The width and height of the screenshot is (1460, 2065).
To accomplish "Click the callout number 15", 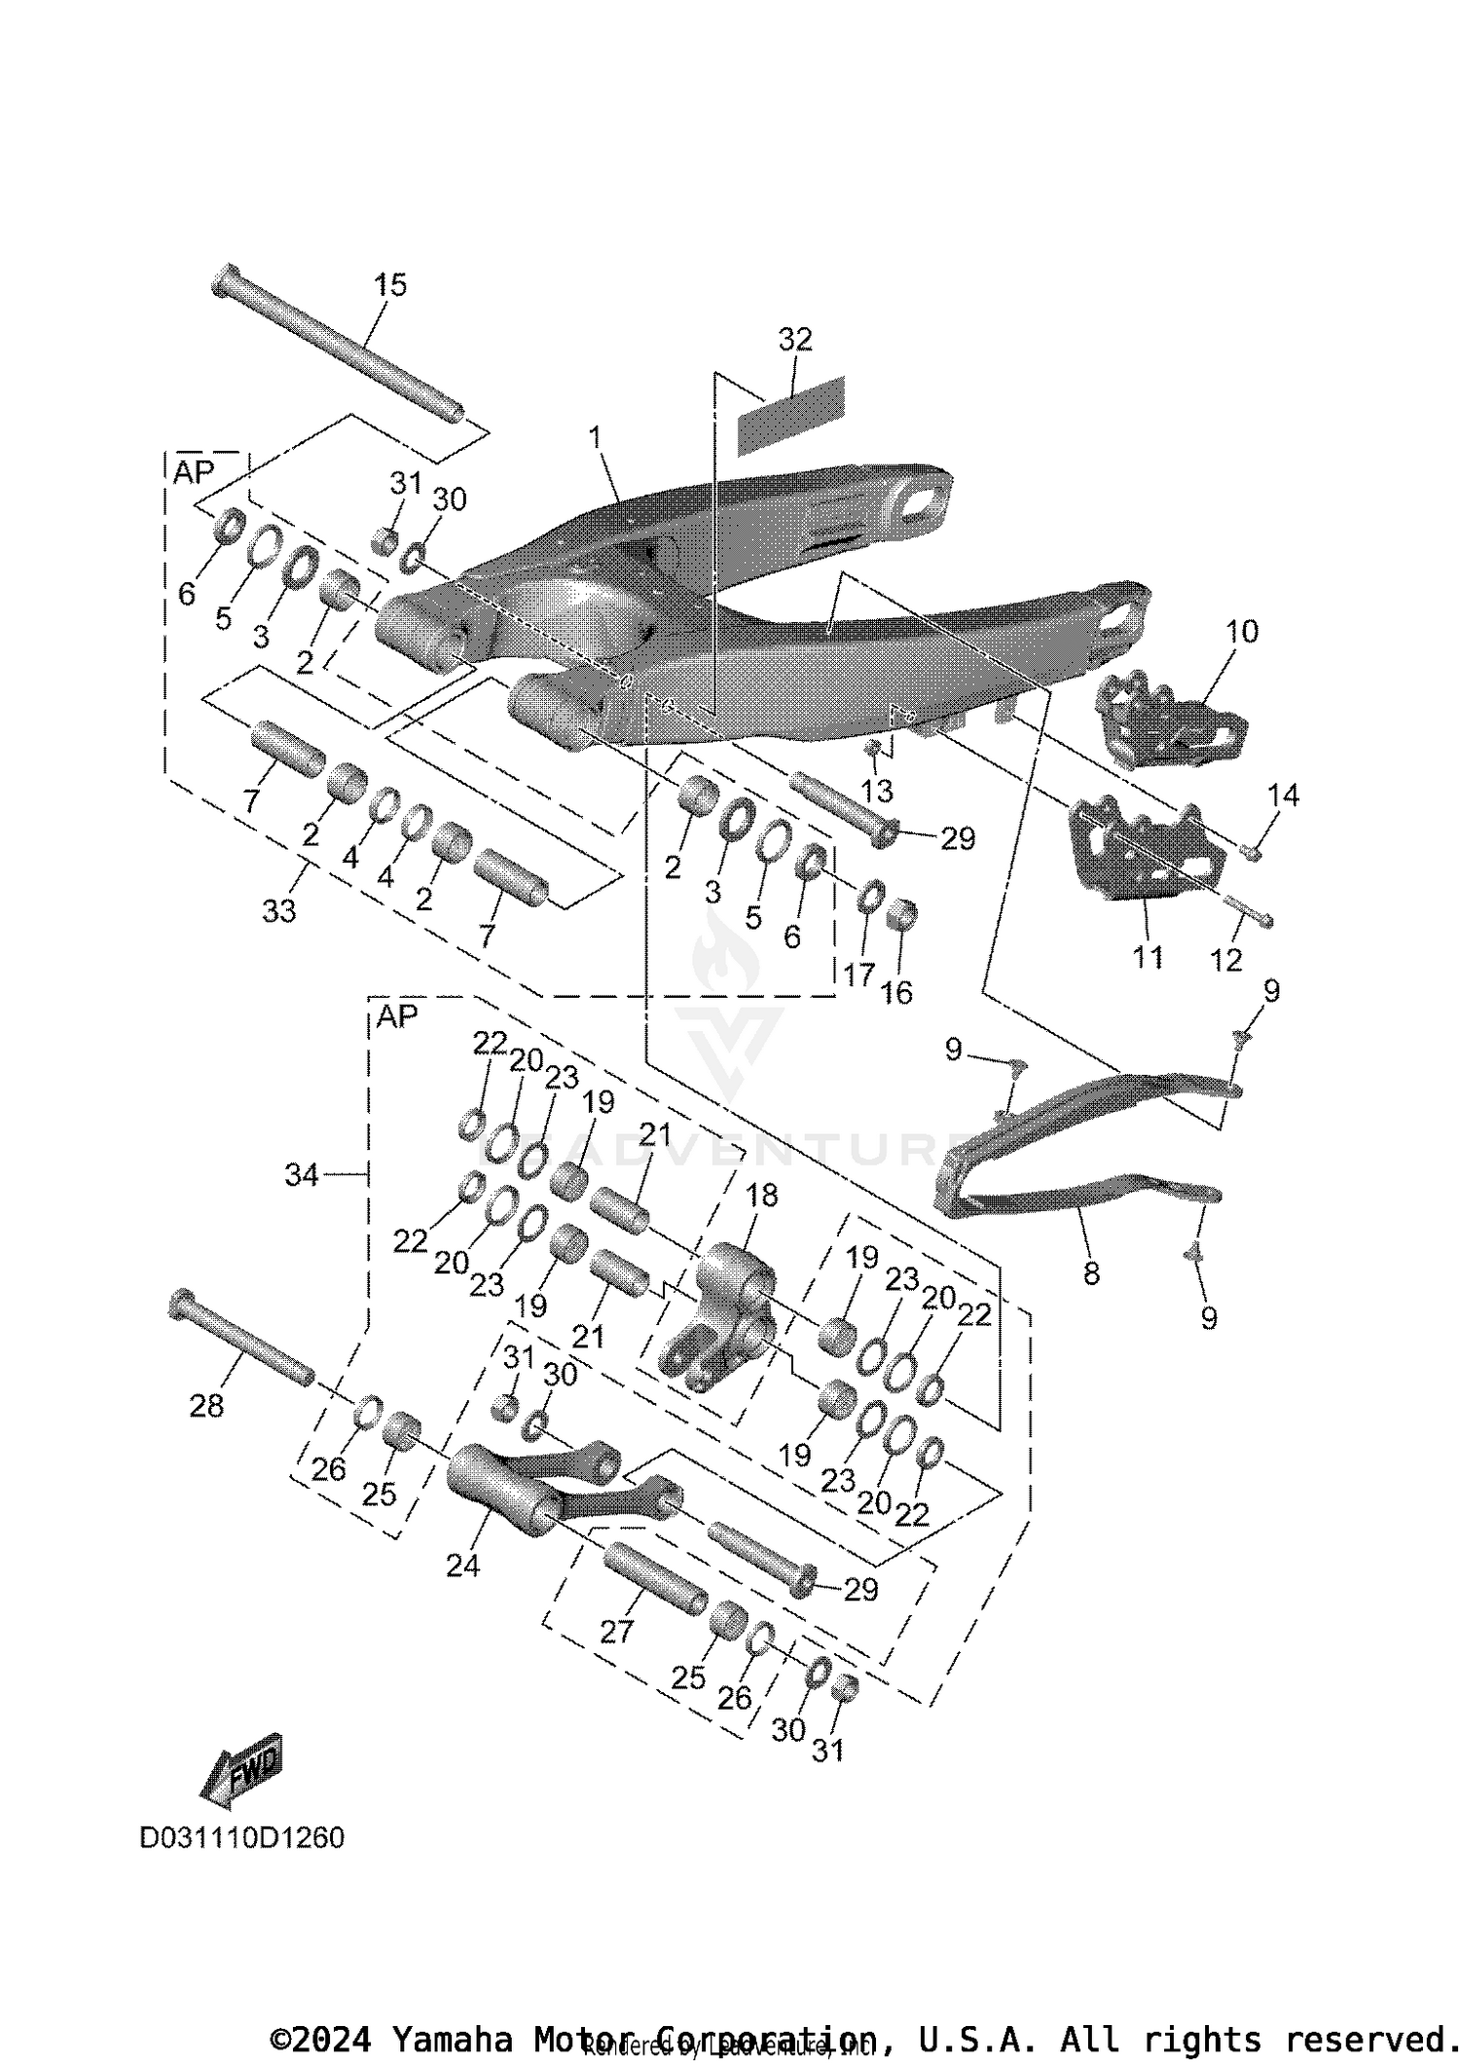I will pos(390,285).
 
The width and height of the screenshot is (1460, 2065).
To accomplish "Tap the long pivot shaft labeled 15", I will pos(336,345).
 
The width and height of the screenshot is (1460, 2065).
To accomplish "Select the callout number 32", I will pos(795,340).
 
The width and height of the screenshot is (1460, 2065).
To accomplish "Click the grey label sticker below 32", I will pos(790,416).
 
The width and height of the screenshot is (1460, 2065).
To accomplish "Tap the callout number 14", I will pos(1284,795).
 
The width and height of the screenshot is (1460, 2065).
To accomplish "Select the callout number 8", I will pos(1091,1272).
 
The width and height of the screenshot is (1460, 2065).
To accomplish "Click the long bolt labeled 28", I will pos(242,1338).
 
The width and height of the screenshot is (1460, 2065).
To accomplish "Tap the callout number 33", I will pos(279,911).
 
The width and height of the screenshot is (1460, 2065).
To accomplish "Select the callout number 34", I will pos(302,1175).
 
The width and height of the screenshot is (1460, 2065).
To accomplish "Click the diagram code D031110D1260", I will pos(241,1837).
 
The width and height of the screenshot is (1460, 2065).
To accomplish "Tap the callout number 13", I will pos(877,790).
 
